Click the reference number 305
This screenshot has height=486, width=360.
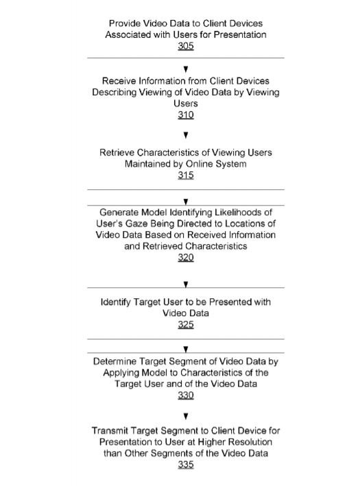click(186, 46)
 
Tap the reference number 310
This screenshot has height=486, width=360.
click(186, 115)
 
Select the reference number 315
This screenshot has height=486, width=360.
click(186, 175)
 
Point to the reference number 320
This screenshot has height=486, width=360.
click(186, 258)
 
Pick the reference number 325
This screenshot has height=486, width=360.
click(186, 325)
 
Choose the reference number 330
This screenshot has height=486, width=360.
click(186, 396)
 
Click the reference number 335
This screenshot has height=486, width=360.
click(186, 465)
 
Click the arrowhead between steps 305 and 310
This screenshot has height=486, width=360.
click(186, 69)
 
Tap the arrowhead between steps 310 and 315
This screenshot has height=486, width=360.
click(186, 135)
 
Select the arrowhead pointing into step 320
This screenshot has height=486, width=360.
click(186, 202)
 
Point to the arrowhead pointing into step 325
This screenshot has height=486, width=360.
click(186, 284)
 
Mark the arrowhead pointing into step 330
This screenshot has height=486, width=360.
click(186, 350)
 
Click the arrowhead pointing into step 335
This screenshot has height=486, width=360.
click(186, 416)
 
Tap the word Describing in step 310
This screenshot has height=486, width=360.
click(115, 93)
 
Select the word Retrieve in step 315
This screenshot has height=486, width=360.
click(117, 152)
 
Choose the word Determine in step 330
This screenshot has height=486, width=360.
click(115, 361)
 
